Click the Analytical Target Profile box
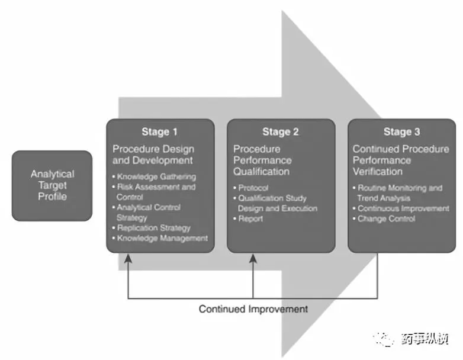point(52,186)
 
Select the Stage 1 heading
point(159,131)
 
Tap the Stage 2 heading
point(281,131)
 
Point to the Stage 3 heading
point(401,131)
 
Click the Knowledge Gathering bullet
point(154,176)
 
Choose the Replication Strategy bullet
point(152,228)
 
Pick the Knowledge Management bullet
point(160,238)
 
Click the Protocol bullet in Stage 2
point(250,188)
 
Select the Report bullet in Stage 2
point(248,219)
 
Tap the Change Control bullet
point(384,219)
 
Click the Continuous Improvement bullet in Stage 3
point(401,208)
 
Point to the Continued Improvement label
point(253,309)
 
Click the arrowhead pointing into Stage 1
point(128,259)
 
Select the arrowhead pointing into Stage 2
point(253,259)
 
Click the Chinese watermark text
point(425,339)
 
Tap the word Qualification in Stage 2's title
point(261,172)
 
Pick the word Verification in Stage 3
point(378,172)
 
